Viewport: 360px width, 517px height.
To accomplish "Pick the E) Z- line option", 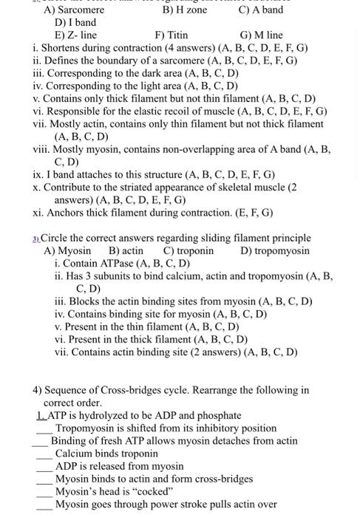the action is click(x=76, y=35).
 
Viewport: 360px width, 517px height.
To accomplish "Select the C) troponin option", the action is click(x=189, y=250).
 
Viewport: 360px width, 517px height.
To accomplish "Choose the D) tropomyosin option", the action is click(x=275, y=250).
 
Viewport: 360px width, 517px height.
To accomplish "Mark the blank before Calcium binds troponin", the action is click(x=46, y=453).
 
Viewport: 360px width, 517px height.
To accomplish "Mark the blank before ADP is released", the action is click(x=46, y=466).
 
